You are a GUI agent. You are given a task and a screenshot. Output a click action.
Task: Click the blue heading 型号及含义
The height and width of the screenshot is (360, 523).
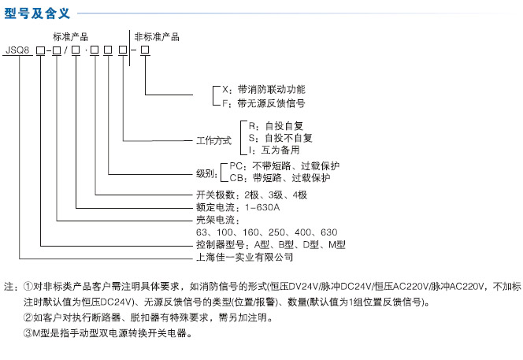click(37, 13)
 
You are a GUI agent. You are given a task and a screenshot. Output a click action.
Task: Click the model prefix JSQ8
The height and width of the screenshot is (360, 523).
click(17, 50)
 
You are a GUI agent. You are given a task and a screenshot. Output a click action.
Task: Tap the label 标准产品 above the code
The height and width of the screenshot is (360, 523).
click(70, 37)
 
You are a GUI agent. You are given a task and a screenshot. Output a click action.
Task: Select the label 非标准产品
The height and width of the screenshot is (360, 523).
click(157, 37)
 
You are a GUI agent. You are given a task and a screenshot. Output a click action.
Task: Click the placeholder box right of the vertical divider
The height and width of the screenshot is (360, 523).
click(145, 50)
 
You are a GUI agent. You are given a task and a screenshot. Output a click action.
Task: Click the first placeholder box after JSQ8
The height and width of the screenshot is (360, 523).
click(40, 50)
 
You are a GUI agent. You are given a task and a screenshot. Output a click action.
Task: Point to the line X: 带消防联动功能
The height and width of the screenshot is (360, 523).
click(264, 90)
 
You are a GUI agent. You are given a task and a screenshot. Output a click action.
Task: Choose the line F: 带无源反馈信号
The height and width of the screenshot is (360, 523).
click(264, 103)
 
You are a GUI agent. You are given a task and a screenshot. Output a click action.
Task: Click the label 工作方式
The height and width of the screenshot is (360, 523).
click(213, 140)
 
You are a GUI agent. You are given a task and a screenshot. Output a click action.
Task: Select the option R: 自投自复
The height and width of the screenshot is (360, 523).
click(276, 126)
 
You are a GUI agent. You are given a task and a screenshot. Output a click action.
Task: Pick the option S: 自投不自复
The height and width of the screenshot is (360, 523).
click(280, 138)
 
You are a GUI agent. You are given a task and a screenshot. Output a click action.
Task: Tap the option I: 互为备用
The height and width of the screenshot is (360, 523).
click(274, 150)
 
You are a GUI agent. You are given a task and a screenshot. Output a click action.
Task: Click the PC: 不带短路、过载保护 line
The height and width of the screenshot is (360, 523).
click(284, 165)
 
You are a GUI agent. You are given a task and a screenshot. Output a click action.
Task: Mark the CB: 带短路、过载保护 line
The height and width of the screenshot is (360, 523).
click(280, 178)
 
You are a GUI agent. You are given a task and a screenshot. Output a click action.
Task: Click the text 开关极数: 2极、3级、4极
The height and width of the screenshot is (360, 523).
click(251, 195)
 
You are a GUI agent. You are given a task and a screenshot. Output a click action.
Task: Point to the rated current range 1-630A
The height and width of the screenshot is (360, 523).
click(262, 207)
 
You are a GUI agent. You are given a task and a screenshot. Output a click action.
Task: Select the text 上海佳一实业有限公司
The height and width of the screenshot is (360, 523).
click(245, 257)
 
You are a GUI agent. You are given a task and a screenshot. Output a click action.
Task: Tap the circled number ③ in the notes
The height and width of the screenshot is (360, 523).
click(28, 333)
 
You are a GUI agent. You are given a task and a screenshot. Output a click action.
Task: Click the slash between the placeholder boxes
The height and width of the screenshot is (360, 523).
click(66, 50)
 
